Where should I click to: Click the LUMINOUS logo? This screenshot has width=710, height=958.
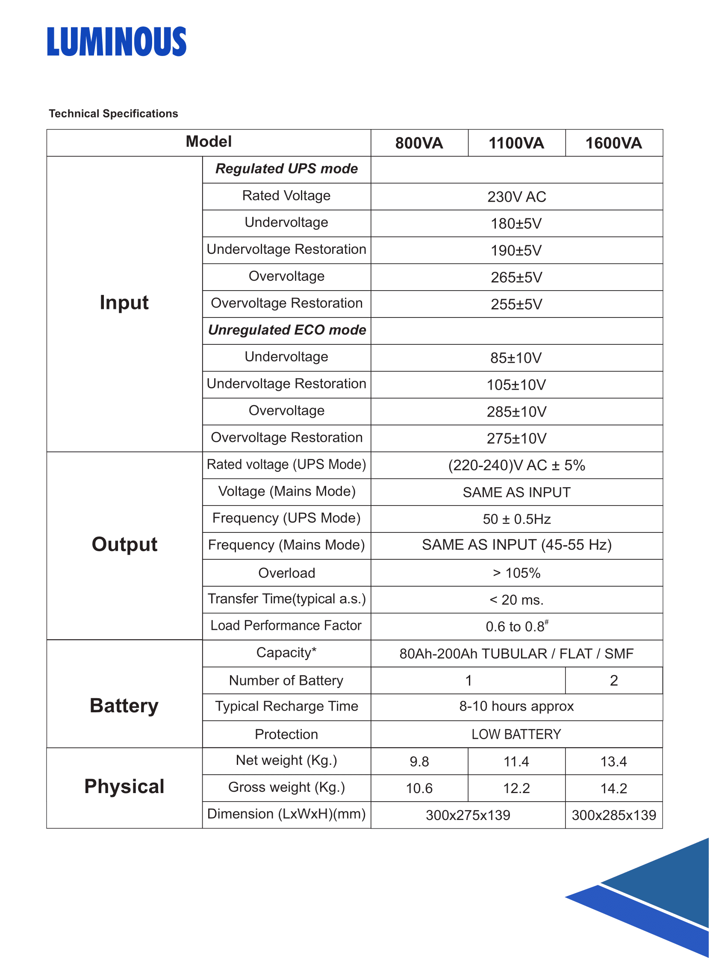point(116,42)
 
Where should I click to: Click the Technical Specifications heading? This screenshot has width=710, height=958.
point(113,113)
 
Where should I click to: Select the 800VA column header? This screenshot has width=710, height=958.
point(419,143)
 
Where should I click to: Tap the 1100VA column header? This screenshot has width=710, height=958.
point(517,143)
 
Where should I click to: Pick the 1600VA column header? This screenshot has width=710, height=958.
point(614,143)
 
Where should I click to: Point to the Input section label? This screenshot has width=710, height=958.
point(124,303)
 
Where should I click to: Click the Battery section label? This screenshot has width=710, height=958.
point(124,706)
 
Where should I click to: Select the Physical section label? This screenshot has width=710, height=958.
point(124,787)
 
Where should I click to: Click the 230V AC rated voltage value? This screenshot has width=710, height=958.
point(517,197)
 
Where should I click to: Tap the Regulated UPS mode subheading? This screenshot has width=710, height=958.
point(287,169)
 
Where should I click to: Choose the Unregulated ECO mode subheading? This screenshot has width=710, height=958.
point(287,330)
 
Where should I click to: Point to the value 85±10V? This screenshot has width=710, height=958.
point(516,358)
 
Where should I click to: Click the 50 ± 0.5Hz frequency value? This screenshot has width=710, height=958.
point(517,519)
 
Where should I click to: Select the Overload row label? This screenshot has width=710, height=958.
point(287,573)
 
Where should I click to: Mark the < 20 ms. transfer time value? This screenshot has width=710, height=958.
point(517,600)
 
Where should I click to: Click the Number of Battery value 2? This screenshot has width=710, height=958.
point(614,681)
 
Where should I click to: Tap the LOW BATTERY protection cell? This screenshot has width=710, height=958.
point(517,734)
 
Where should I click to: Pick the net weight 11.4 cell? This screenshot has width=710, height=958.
point(517,762)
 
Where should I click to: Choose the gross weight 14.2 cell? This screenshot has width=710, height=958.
point(614,788)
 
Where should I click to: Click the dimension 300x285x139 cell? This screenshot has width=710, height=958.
point(614,815)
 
